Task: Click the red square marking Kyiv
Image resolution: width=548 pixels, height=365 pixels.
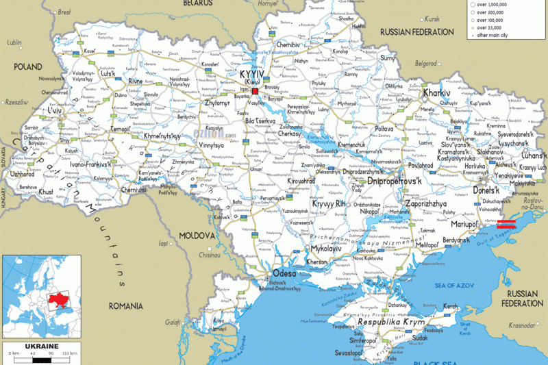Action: (255, 90)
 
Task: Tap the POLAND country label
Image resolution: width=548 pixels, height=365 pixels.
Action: (26, 67)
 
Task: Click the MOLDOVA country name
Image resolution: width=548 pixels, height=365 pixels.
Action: (197, 236)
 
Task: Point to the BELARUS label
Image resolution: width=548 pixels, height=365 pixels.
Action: (199, 3)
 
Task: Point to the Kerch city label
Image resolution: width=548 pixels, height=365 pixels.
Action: (450, 306)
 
